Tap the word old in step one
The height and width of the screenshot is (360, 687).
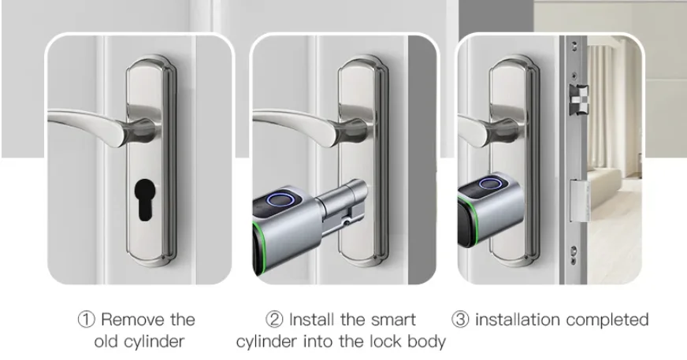tap(107, 342)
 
